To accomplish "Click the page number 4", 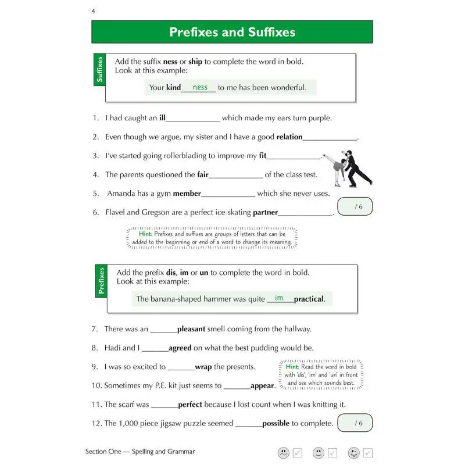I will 94,12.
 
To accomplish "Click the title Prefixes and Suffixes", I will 232,32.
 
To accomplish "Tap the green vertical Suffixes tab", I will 99,70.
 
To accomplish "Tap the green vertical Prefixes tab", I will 102,281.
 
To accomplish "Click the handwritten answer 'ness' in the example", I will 200,87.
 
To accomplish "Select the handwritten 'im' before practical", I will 280,298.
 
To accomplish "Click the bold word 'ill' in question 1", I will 162,118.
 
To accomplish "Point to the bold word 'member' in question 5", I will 187,194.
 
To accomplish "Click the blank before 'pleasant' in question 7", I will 163,329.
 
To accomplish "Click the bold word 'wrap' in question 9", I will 203,367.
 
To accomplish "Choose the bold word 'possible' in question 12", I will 276,423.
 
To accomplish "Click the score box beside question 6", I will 355,207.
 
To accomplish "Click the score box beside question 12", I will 355,423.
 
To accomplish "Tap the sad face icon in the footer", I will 283,453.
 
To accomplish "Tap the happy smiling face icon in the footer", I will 353,453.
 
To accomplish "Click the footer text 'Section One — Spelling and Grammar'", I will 140,452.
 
